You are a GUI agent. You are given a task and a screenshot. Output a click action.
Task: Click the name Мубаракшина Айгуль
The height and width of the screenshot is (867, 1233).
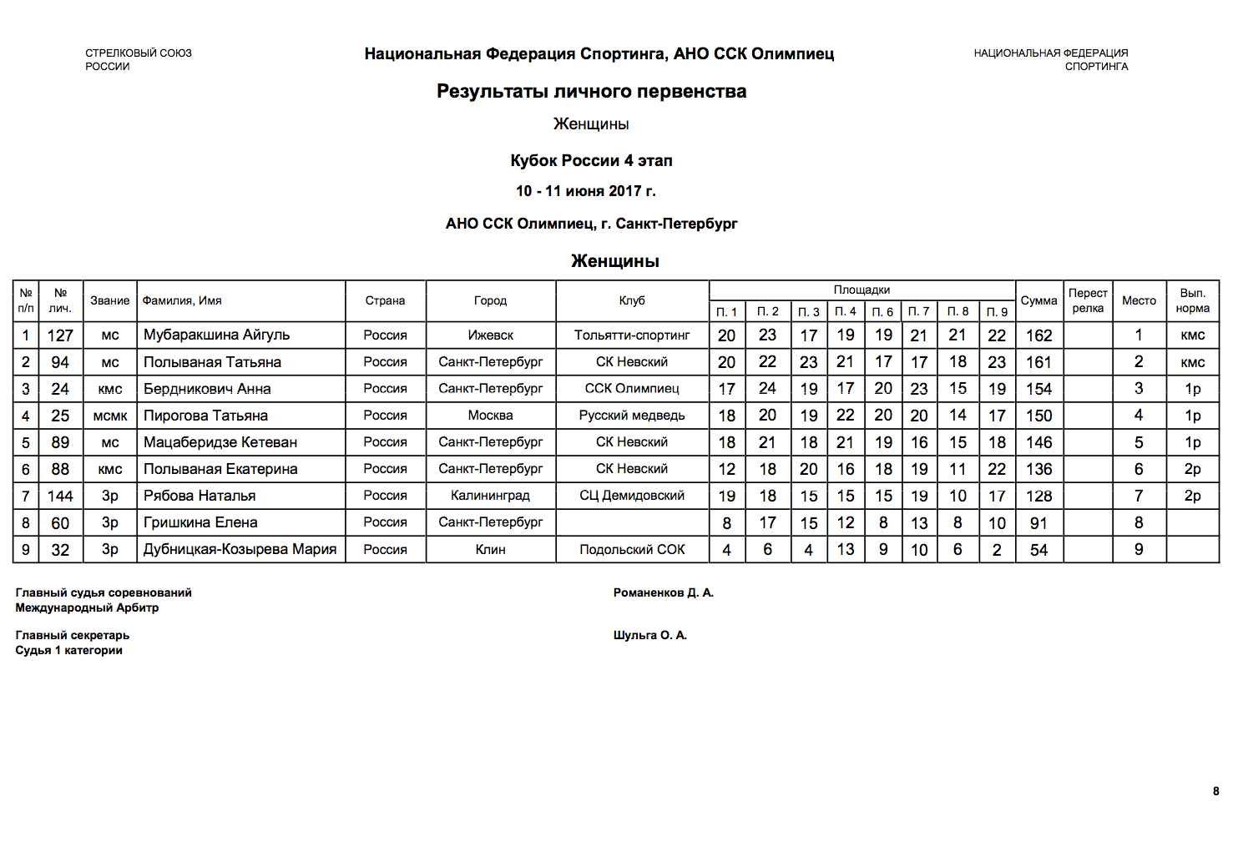pos(216,335)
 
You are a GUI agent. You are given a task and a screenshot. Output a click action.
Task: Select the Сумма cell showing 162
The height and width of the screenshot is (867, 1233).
pos(1038,335)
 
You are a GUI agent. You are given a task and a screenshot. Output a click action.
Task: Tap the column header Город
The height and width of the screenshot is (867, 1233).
pos(490,300)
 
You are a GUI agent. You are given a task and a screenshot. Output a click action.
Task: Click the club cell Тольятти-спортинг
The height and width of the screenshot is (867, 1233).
pos(632,335)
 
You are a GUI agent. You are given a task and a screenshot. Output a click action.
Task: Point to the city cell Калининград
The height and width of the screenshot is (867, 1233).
pos(490,496)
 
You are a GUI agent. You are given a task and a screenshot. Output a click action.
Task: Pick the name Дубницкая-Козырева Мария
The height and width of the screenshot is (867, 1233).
pos(240,549)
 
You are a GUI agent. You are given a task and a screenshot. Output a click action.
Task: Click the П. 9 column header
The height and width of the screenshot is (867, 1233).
pos(997,312)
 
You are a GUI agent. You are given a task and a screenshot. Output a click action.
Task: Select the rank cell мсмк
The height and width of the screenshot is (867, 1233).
pos(110,416)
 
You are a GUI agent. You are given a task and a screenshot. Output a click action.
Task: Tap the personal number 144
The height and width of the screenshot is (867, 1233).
pos(60,496)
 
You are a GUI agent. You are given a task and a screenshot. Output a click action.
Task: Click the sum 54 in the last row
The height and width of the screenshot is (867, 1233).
pos(1038,550)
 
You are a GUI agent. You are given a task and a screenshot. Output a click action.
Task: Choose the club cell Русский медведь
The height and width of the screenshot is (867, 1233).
pos(632,416)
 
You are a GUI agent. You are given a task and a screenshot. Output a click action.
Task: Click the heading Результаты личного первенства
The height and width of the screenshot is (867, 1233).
pos(591,91)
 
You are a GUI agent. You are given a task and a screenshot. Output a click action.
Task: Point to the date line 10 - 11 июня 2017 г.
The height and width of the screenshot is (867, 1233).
pos(585,191)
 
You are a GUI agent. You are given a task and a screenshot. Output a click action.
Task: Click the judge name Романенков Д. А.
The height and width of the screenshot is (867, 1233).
pos(663,592)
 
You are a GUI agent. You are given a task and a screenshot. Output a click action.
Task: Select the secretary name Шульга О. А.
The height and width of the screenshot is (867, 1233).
pos(649,635)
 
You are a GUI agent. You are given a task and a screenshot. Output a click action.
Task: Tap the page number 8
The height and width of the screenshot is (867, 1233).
pos(1215,791)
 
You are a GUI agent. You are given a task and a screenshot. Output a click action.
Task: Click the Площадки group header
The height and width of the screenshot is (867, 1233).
pos(862,290)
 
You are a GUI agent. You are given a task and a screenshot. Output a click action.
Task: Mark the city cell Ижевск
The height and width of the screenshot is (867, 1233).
pos(490,335)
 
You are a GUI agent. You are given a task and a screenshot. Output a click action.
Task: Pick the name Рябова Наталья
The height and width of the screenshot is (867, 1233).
pos(200,496)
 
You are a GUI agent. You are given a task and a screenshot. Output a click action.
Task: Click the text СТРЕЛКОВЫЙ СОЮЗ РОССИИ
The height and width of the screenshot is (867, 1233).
pos(138,59)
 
